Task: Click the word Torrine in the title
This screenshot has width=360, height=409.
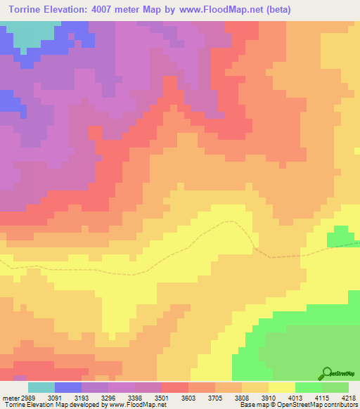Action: tap(29, 10)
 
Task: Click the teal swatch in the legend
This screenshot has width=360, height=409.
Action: tap(41, 387)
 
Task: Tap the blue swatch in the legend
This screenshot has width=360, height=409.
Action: tap(68, 387)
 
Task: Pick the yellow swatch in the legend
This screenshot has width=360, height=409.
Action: tap(281, 387)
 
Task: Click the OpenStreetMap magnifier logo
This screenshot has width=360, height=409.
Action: tap(326, 372)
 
